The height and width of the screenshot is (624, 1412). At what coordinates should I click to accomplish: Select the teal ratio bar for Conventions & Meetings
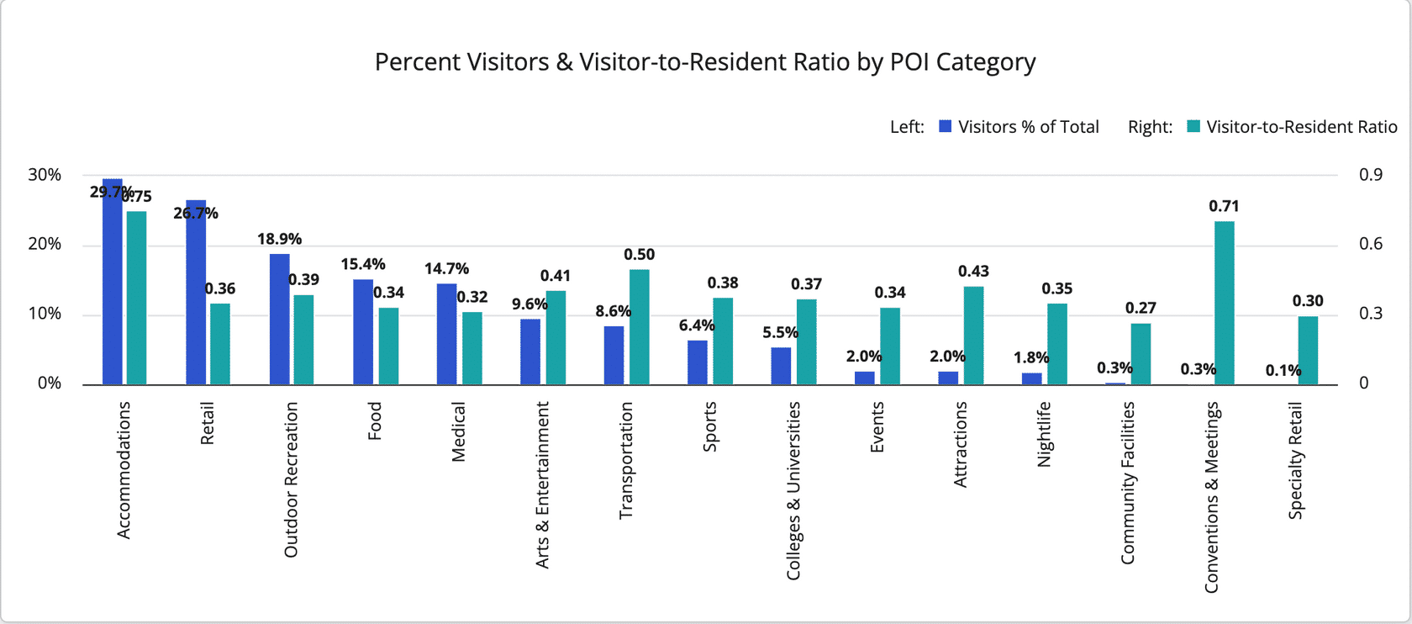[x=1224, y=303]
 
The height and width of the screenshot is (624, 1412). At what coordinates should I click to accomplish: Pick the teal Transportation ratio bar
[x=639, y=327]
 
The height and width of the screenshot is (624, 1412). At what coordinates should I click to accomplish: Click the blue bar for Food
[x=363, y=332]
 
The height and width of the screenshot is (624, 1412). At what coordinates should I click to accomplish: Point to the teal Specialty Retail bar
[x=1308, y=351]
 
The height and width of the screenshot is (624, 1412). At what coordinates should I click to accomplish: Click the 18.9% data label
[x=279, y=240]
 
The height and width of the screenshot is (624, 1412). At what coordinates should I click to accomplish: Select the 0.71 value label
[x=1224, y=206]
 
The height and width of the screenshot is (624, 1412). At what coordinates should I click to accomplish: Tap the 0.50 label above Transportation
[x=639, y=255]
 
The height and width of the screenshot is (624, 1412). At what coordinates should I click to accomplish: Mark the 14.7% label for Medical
[x=446, y=269]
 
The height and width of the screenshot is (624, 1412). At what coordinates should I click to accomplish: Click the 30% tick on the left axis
[x=45, y=175]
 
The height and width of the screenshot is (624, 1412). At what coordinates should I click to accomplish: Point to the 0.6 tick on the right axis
[x=1371, y=244]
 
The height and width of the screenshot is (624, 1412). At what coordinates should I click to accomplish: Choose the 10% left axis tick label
[x=45, y=314]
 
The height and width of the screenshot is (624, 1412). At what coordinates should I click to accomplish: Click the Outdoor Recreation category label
[x=291, y=479]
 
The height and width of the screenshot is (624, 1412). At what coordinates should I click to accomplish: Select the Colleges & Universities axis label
[x=793, y=490]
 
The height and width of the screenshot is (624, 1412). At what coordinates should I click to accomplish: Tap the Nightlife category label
[x=1044, y=434]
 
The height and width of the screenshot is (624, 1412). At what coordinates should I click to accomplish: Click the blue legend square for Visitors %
[x=946, y=127]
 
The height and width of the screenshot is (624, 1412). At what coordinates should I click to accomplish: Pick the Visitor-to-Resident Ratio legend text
[x=1301, y=127]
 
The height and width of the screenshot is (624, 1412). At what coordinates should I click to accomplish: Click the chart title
[x=705, y=62]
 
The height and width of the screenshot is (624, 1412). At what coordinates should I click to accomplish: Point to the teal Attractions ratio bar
[x=973, y=336]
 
